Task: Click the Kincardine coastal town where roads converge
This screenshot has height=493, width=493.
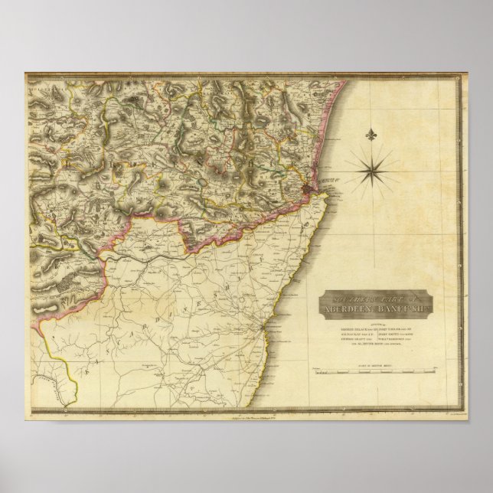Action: click(265, 328)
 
